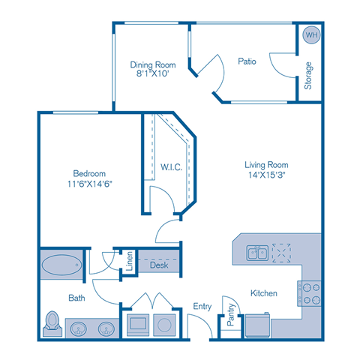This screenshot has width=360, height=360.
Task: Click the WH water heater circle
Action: point(309,34)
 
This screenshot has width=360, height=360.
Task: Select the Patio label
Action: point(247,61)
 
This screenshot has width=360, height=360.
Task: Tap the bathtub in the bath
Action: point(61,265)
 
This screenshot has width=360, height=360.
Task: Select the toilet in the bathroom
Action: point(53,322)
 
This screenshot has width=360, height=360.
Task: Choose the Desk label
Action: point(158,265)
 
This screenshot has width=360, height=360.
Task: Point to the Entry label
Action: point(202,306)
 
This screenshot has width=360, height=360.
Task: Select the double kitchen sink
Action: point(256,253)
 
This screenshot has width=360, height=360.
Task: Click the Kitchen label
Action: point(265,292)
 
